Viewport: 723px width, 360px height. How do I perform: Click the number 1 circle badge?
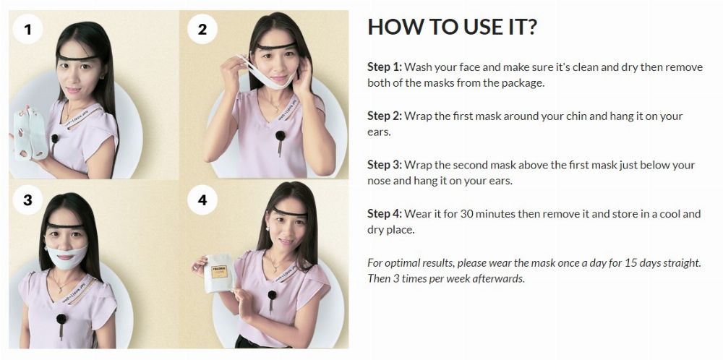[x=27, y=29]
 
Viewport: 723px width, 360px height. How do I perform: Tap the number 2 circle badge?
[x=202, y=29]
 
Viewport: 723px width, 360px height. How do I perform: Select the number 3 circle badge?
[x=27, y=200]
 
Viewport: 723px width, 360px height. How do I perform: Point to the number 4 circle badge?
[x=202, y=200]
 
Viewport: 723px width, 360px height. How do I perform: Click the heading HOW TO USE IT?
[x=453, y=27]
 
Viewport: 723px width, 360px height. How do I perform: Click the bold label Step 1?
[x=385, y=67]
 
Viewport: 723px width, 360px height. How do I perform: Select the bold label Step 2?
[x=385, y=116]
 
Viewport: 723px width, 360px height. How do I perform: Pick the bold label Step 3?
[x=385, y=165]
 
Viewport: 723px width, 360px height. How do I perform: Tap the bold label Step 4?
[x=385, y=214]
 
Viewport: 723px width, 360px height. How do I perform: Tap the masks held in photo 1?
[x=30, y=134]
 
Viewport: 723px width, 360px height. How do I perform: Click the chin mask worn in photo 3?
[x=67, y=257]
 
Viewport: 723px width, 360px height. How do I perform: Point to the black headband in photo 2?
[x=276, y=46]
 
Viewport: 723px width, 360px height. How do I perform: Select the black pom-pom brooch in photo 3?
[x=61, y=318]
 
